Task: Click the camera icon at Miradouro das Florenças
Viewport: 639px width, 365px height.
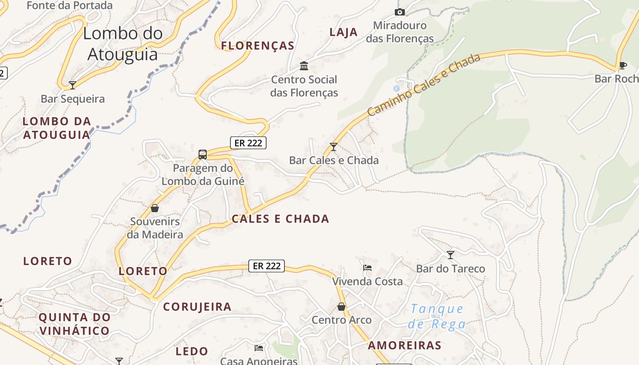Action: click(400, 12)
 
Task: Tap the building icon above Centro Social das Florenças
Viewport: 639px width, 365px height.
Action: click(304, 66)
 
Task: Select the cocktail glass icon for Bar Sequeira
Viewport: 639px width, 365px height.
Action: click(72, 85)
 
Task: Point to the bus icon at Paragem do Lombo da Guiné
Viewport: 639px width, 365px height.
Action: click(203, 155)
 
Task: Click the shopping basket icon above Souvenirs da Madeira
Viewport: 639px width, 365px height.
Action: click(155, 208)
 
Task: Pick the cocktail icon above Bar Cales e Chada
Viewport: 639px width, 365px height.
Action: click(334, 146)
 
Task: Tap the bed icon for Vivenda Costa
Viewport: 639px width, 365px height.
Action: click(367, 267)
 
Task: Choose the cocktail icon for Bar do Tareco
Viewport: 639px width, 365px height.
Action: click(450, 255)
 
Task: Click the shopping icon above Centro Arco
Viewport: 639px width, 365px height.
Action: click(341, 306)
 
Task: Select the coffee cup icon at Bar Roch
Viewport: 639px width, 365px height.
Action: click(623, 65)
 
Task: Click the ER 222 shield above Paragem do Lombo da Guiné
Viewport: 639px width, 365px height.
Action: click(248, 143)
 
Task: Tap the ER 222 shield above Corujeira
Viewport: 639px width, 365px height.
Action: click(267, 266)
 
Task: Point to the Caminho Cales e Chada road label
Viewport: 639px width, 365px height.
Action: click(424, 84)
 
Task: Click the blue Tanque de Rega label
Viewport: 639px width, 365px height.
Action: click(437, 316)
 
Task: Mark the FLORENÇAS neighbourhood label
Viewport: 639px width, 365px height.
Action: click(258, 46)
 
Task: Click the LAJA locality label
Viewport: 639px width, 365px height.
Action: click(343, 32)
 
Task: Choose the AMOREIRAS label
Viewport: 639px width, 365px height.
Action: click(405, 345)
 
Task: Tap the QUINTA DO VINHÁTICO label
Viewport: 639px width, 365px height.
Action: click(74, 323)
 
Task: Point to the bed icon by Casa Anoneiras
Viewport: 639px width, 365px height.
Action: click(259, 348)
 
